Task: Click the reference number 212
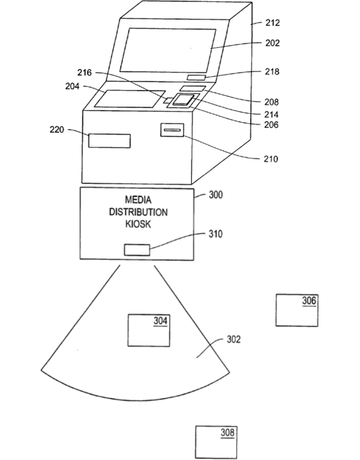click(272, 23)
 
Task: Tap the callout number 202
click(272, 43)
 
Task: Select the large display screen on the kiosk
click(167, 51)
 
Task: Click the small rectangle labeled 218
click(196, 77)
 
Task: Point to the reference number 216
click(85, 73)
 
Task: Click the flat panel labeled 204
click(130, 99)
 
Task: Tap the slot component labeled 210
click(172, 130)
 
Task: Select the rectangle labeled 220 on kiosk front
click(109, 141)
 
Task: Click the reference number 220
click(56, 129)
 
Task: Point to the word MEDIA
click(138, 200)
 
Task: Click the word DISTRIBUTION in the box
click(138, 212)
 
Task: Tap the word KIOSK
click(138, 224)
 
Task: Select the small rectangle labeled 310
click(137, 250)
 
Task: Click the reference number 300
click(215, 195)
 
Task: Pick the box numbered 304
click(149, 330)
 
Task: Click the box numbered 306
click(297, 310)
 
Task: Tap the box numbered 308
click(216, 442)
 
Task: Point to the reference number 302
click(233, 339)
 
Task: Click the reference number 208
click(271, 102)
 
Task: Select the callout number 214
click(271, 115)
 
